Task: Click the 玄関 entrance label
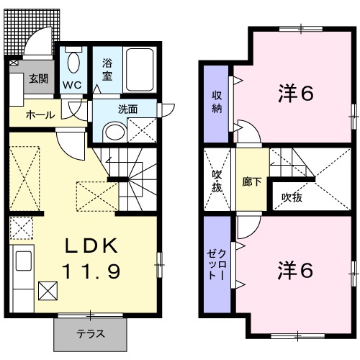click(38, 79)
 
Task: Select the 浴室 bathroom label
click(107, 69)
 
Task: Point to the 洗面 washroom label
click(127, 109)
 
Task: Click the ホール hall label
click(37, 115)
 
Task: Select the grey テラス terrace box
click(91, 333)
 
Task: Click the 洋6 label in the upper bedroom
click(295, 93)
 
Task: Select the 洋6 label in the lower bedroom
click(295, 270)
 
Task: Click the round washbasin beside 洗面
click(113, 131)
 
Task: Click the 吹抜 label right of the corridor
click(292, 196)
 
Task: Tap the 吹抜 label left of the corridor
click(217, 180)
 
